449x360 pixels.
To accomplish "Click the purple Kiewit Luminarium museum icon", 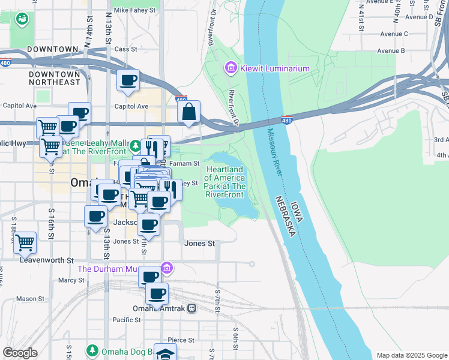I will (231, 68).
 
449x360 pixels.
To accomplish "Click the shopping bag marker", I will (189, 112).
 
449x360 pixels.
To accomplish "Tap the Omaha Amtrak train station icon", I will (191, 308).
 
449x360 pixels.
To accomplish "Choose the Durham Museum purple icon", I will (167, 268).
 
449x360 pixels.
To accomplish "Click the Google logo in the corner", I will (20, 353).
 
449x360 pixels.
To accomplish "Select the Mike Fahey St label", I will (134, 10).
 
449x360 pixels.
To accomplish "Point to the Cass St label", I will (126, 49).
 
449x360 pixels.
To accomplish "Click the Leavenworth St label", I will (46, 260).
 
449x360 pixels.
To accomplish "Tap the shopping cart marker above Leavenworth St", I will (25, 242).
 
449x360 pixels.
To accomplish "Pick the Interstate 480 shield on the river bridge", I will (286, 120).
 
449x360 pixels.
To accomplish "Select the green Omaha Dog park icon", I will (92, 350).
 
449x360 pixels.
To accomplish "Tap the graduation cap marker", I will (165, 353).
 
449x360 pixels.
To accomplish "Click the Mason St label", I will (27, 298).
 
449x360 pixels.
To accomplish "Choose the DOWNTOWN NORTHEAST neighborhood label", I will (55, 77).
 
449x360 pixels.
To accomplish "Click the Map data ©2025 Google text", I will (411, 355).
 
